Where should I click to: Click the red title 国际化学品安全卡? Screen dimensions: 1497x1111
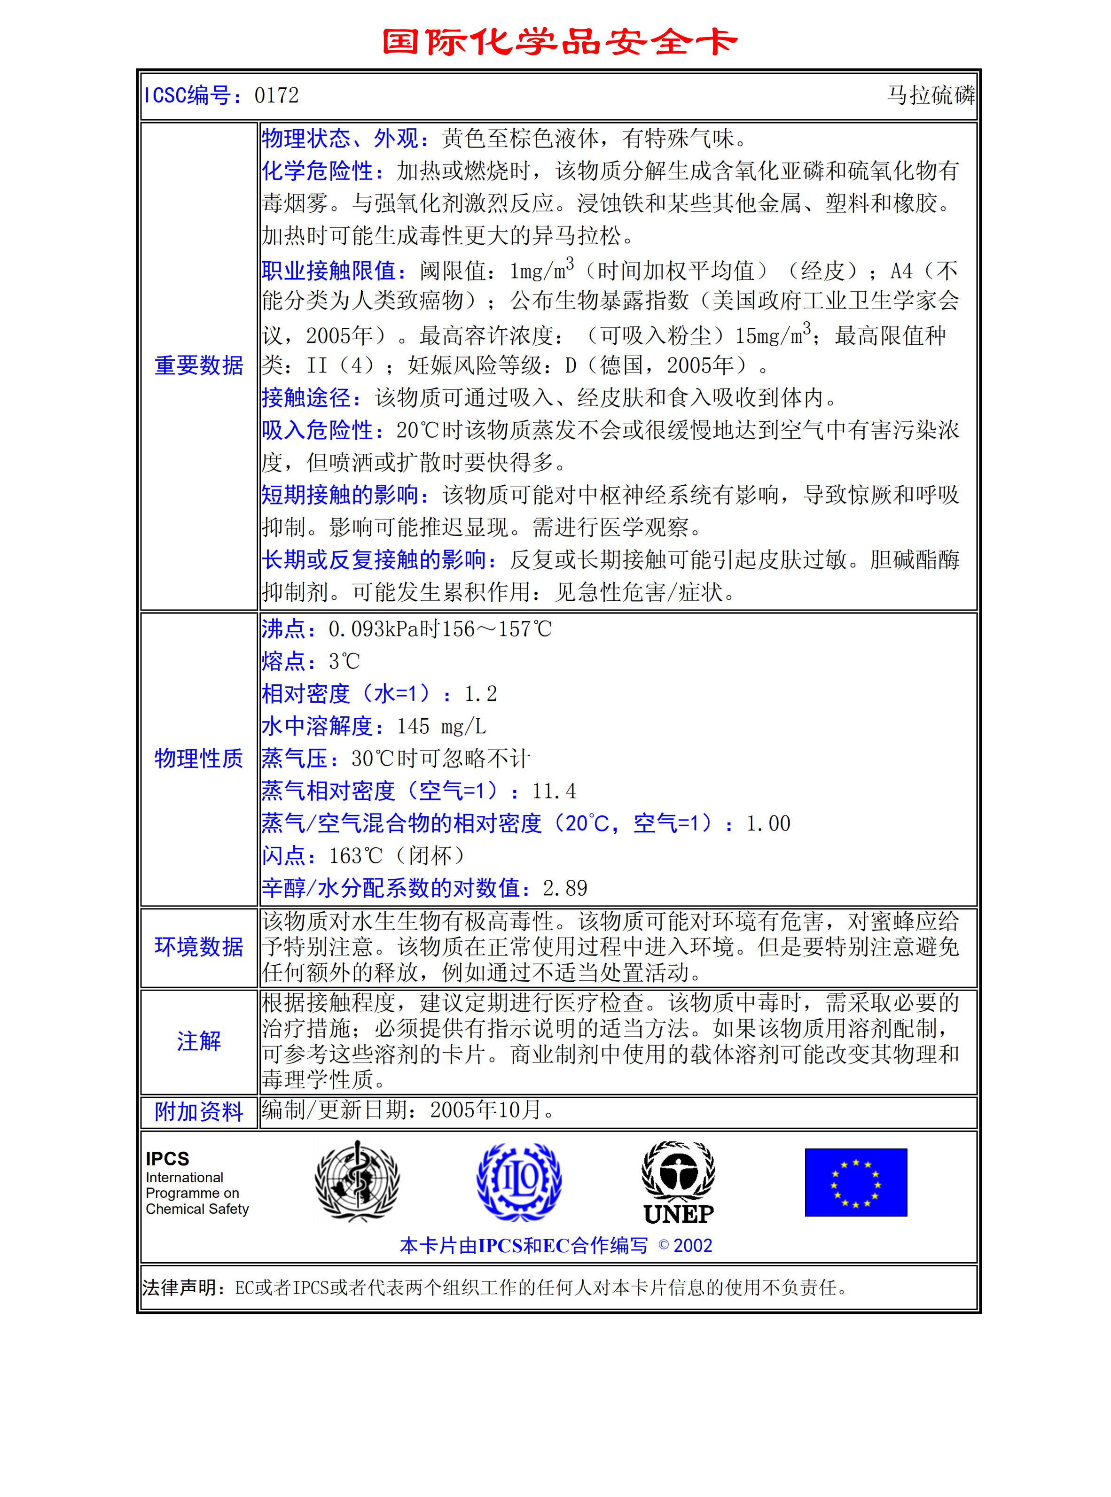click(x=560, y=42)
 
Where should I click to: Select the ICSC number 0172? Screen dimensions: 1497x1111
click(x=276, y=95)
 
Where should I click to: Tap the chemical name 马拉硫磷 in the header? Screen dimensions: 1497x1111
click(x=930, y=95)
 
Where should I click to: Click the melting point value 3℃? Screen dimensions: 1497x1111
click(x=344, y=661)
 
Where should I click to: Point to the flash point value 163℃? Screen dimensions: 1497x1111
click(x=356, y=856)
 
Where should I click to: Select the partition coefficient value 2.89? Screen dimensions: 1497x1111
click(x=565, y=889)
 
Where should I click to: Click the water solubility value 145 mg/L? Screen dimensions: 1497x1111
click(x=441, y=727)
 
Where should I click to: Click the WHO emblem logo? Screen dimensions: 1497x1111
click(x=357, y=1181)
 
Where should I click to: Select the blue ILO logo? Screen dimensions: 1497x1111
click(x=518, y=1181)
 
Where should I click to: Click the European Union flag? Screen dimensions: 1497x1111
click(x=855, y=1182)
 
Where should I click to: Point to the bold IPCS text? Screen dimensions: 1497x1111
click(x=167, y=1159)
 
